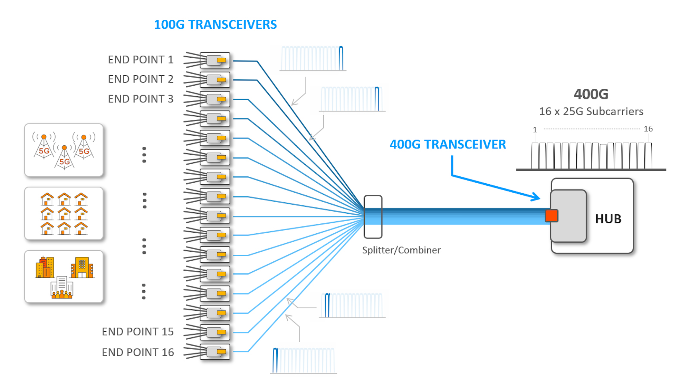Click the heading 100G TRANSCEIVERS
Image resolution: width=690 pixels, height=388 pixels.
coord(215,25)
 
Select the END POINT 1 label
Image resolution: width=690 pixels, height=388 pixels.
coord(141,60)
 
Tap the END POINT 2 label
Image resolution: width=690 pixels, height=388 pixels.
coord(141,79)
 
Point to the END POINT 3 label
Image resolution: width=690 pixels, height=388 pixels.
coord(141,99)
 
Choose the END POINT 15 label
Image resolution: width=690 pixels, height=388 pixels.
coord(137,332)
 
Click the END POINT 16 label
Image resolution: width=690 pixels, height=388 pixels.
coord(137,352)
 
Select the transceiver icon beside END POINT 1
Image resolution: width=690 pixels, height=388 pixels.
coord(215,60)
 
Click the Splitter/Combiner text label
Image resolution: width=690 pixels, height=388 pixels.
coord(401,250)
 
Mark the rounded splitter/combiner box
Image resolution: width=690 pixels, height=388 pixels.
coord(373,217)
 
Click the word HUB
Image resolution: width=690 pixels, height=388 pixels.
coord(608,219)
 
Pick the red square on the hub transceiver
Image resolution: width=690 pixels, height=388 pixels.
coord(552,216)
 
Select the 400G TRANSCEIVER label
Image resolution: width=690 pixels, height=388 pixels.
coord(448,144)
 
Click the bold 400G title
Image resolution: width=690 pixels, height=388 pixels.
coord(591,94)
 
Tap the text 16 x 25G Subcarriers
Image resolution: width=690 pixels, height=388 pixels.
coord(591,111)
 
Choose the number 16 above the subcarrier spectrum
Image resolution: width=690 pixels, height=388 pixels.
coord(648,129)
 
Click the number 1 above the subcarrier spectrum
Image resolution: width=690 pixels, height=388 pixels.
coord(535,130)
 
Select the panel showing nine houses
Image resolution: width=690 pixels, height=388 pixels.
coord(64,213)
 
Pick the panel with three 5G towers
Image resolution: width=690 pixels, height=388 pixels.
coord(64,150)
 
